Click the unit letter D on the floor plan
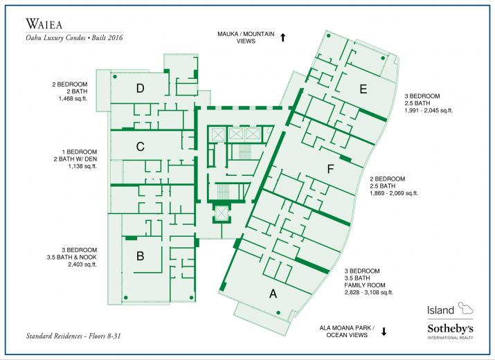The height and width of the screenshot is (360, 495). coord(140,89)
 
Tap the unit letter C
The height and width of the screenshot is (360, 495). coord(140,147)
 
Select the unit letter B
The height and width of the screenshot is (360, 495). coord(140,255)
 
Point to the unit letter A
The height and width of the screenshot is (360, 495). coord(273,294)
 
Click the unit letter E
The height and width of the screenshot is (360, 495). coord(363,89)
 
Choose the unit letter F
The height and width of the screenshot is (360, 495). coord(330,169)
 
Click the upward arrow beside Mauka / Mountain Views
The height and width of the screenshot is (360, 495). coord(283,38)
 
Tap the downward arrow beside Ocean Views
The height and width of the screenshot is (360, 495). coord(384,332)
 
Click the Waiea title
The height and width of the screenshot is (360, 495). coord(44,24)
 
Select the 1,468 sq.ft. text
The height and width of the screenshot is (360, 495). coord(72,98)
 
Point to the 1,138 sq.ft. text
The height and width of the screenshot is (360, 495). coord(82,166)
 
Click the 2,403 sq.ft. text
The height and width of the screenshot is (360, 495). coord(82,264)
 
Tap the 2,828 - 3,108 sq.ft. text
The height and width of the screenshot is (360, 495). coord(368,292)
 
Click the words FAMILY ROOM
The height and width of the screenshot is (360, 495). coord(365,285)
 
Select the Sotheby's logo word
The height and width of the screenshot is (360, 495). coord(450,328)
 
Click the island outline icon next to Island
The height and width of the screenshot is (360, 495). coord(466,308)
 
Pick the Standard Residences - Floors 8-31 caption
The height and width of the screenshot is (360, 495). coord(73,336)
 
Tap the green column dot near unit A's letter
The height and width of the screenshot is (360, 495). coord(278,313)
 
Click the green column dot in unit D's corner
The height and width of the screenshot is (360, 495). coord(115,76)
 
